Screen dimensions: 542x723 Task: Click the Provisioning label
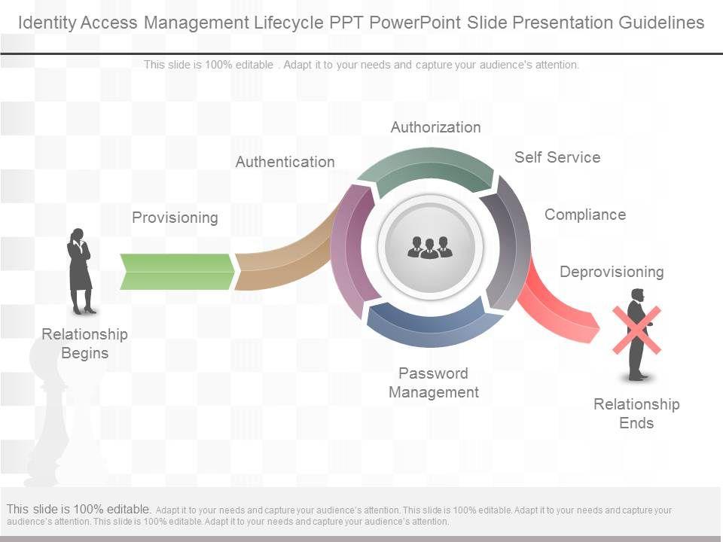tap(175, 218)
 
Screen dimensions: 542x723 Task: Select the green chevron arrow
tap(177, 272)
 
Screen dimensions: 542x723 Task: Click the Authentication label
tap(285, 162)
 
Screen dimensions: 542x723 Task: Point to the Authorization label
tap(435, 127)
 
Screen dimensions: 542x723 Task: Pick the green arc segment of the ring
tap(426, 169)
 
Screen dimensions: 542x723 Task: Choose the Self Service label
tap(557, 157)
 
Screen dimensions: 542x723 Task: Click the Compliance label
tap(585, 215)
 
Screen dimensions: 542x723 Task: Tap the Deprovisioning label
tap(612, 272)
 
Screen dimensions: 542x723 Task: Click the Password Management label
tap(434, 382)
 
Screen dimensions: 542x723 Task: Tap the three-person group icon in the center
tap(429, 247)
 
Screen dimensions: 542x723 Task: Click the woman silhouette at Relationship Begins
tap(80, 271)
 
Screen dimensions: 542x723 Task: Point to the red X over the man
tap(636, 330)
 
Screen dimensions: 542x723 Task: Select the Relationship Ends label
tap(636, 413)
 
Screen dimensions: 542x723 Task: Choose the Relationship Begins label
tap(84, 343)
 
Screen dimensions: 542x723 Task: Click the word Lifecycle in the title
tap(286, 23)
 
